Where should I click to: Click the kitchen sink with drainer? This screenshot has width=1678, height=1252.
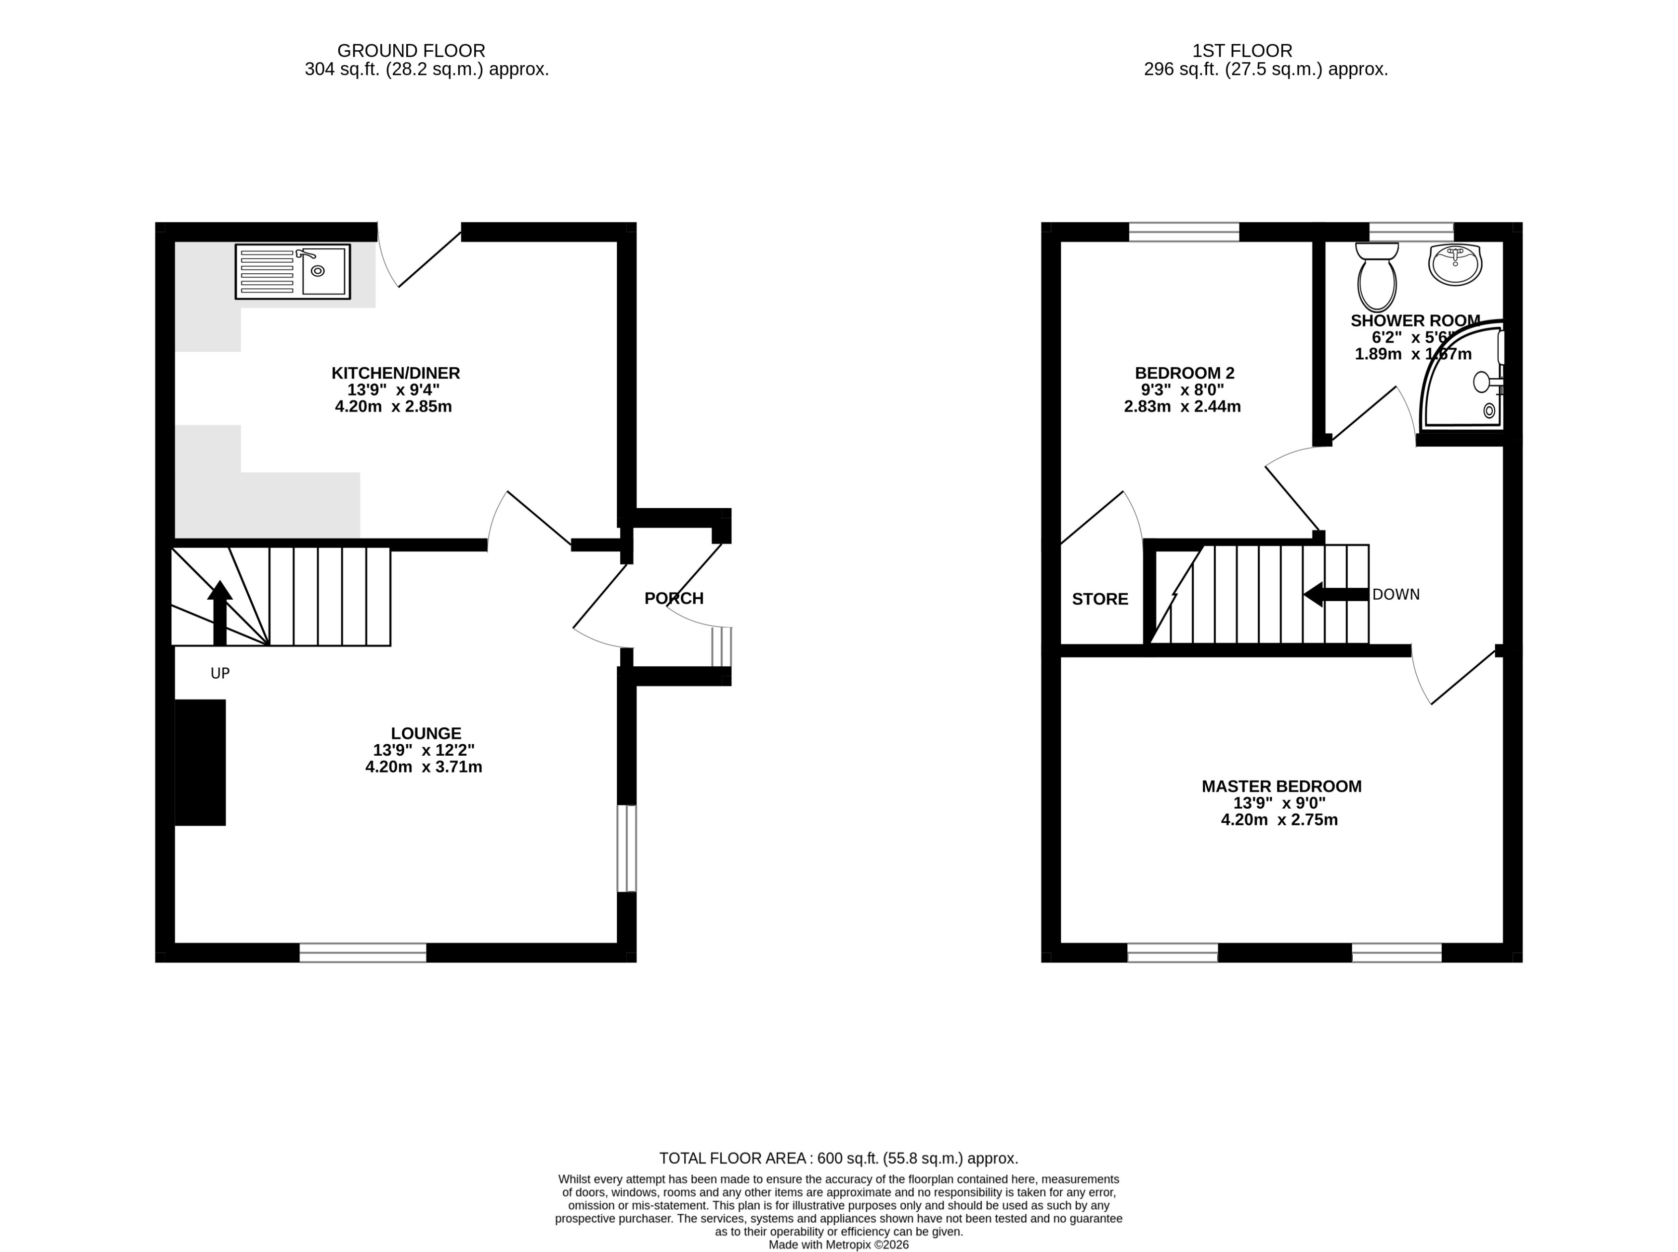[292, 271]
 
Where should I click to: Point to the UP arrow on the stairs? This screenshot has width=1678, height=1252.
[219, 613]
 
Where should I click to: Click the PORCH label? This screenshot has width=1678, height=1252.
[673, 599]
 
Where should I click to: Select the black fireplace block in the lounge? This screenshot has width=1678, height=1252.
[200, 763]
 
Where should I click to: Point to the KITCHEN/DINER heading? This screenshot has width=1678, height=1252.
[395, 373]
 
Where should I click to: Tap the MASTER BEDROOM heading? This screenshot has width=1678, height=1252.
[1281, 786]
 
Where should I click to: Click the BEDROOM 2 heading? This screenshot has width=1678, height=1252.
[1184, 373]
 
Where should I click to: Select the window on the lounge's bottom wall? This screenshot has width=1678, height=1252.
[363, 952]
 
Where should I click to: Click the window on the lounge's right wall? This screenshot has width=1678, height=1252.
[627, 849]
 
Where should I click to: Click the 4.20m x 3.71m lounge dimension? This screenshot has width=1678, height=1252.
[424, 767]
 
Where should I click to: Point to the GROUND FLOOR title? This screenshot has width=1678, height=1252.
[411, 51]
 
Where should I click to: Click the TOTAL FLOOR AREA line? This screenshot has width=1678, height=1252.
[838, 1158]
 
